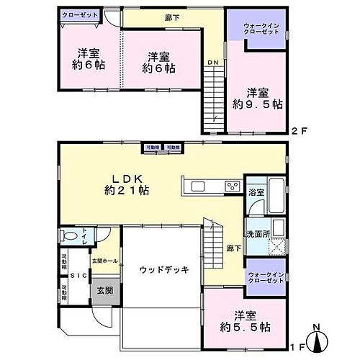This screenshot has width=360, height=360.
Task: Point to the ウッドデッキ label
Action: click(163, 270)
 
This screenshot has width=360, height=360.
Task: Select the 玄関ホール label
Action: click(104, 260)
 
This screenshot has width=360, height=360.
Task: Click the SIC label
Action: click(76, 276)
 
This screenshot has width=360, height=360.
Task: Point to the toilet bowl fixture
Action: click(69, 236)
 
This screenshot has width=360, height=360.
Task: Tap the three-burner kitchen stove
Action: click(232, 186)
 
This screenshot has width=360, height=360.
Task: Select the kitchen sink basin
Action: click(199, 187)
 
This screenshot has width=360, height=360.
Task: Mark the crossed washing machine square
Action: click(276, 245)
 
